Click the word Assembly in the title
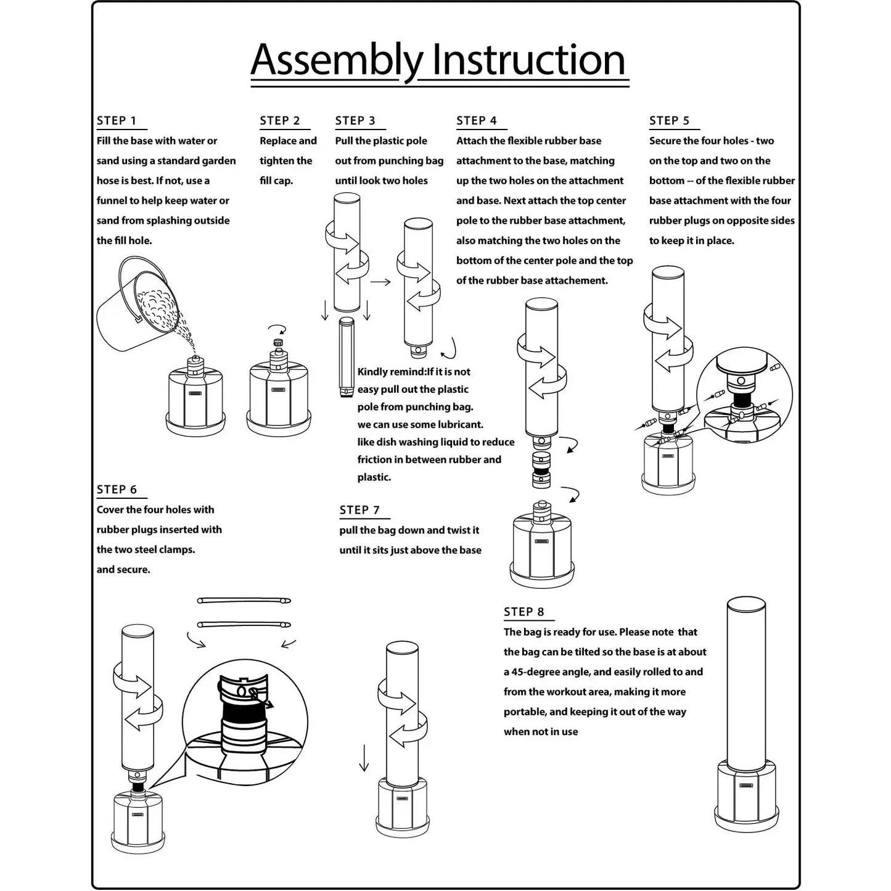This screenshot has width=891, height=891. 337,62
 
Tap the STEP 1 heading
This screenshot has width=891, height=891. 117,121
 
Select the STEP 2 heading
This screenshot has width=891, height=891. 280,121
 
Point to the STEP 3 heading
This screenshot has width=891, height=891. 355,121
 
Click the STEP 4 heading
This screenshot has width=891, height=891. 477,121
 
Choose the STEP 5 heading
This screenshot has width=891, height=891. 669,121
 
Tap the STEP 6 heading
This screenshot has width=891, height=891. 117,490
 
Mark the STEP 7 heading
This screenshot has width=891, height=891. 359,510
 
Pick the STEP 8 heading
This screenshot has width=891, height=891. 524,612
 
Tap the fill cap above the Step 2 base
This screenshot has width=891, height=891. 278,343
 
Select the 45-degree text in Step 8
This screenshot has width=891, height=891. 537,672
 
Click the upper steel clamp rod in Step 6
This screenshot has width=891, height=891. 244,601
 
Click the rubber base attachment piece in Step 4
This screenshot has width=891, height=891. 541,469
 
